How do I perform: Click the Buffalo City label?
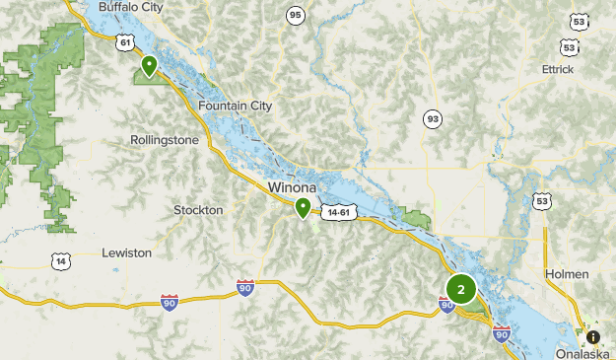coord(131,7)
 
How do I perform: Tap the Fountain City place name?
coord(235,106)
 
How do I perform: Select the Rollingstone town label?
coord(164,140)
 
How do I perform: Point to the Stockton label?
coord(198,210)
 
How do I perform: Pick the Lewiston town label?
coord(127,252)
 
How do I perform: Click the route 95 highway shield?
coord(295,15)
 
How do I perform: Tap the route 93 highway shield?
coord(433,119)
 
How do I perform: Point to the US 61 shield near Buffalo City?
coord(123,42)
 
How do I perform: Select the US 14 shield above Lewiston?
coord(62,261)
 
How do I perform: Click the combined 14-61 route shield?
coord(338,212)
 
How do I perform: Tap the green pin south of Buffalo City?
coord(149,67)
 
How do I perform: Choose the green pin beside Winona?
coord(303,207)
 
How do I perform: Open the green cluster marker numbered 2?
coord(460,290)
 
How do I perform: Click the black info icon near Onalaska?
coord(592,336)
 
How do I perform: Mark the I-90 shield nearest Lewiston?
coord(170,302)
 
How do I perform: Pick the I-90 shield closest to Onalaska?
coord(501,333)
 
